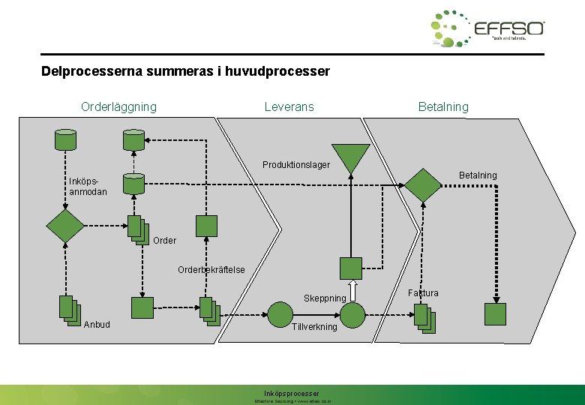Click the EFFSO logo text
(508, 28)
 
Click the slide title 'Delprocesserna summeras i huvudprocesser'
(185, 72)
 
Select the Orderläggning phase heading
(118, 106)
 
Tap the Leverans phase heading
(289, 106)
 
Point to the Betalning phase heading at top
(443, 106)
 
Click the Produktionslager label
(295, 164)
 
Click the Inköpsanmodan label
(87, 186)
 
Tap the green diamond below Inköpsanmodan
(65, 226)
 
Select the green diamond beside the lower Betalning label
(424, 184)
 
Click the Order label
(164, 241)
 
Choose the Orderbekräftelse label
(211, 270)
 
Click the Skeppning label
(325, 298)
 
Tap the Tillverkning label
(314, 327)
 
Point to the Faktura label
(424, 292)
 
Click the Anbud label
(97, 325)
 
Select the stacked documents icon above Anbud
(69, 310)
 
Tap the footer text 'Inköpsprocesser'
(292, 393)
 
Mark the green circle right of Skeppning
(352, 313)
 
